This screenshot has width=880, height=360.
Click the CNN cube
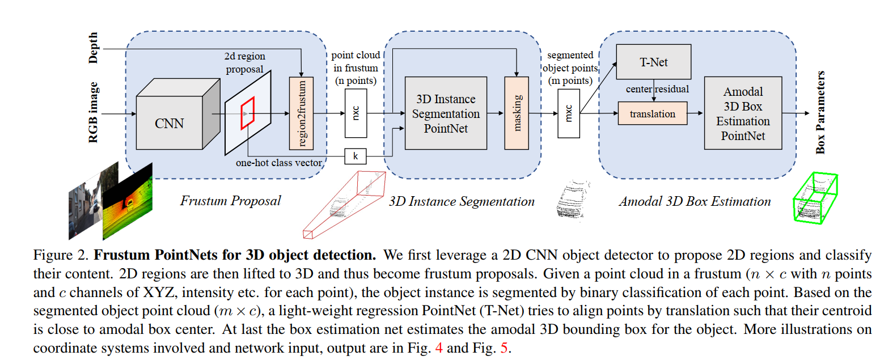[x=170, y=123]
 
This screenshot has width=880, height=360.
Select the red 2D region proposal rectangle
[x=248, y=112]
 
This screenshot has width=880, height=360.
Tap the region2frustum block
[x=301, y=112]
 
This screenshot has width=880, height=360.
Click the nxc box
[x=356, y=113]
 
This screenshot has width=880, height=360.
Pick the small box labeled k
[x=356, y=155]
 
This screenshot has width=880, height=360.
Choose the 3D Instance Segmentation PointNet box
[x=446, y=113]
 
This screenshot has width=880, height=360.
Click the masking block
[x=517, y=113]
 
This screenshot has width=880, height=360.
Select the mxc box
[x=569, y=113]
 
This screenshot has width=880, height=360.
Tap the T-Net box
[x=654, y=62]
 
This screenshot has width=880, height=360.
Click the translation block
[x=653, y=114]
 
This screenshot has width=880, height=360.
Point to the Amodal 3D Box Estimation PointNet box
[x=743, y=114]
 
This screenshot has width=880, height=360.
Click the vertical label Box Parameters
[x=820, y=113]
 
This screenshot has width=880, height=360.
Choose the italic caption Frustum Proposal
[x=230, y=201]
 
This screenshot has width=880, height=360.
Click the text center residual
[x=657, y=89]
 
